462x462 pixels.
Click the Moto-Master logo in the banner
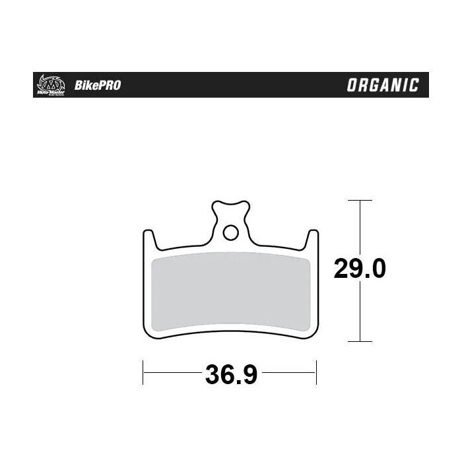click(49, 84)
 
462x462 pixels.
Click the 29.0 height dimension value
click(359, 269)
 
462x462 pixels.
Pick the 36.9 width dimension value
click(230, 376)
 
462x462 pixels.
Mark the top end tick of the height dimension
click(359, 200)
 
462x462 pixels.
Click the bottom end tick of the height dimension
click(359, 341)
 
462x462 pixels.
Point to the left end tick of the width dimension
click(143, 372)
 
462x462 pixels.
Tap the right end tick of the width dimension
click(317, 372)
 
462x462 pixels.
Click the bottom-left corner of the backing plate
click(148, 337)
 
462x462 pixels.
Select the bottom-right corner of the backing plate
click(313, 337)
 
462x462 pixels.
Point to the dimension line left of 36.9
click(172, 373)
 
